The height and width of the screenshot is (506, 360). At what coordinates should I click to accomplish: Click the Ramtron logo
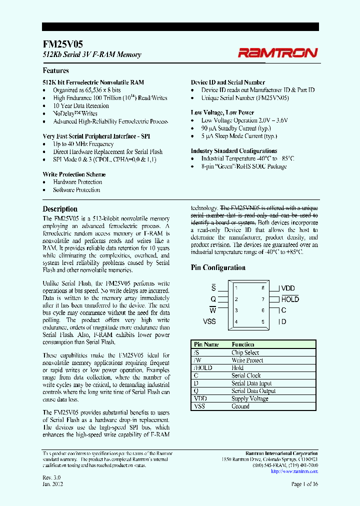[x=277, y=52]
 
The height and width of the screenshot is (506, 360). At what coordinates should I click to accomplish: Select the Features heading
[x=55, y=70]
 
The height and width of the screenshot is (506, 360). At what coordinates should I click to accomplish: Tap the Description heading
[x=60, y=209]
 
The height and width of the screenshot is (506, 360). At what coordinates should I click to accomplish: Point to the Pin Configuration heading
[x=218, y=267]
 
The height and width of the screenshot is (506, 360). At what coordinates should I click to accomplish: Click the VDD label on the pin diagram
[x=288, y=288]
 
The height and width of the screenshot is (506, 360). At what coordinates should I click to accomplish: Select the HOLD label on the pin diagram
[x=290, y=299]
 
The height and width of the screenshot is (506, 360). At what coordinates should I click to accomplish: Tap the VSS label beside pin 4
[x=209, y=321]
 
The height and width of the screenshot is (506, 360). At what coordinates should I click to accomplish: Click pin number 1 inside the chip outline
[x=236, y=288]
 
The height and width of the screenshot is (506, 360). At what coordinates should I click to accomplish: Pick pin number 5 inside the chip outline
[x=262, y=321]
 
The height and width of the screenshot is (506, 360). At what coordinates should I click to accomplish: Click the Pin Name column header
[x=206, y=344]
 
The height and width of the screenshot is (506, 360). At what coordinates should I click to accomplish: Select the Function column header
[x=243, y=344]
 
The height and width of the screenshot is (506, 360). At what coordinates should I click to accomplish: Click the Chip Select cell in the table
[x=245, y=352]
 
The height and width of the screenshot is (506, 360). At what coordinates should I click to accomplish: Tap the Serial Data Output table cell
[x=253, y=391]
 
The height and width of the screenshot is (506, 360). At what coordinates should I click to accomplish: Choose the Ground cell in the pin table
[x=240, y=406]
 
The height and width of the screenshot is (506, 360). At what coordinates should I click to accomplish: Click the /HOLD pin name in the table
[x=203, y=368]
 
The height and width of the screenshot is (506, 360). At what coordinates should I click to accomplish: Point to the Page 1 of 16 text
[x=304, y=484]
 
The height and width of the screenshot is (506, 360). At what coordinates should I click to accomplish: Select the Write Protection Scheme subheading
[x=74, y=174]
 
